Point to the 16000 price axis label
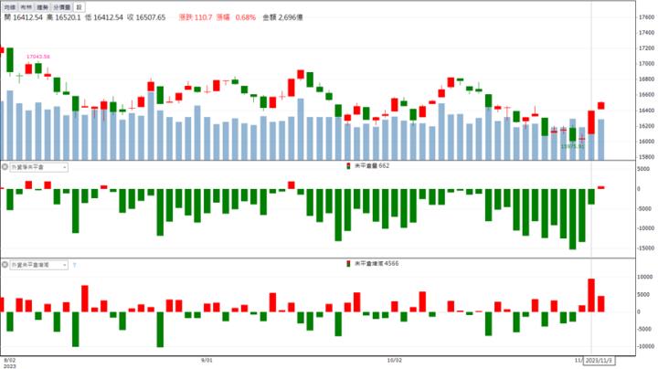click(646, 142)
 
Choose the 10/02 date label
click(395, 360)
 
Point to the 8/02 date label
click(11, 360)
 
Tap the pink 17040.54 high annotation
click(38, 57)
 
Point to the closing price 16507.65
click(148, 16)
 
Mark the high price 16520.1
click(60, 16)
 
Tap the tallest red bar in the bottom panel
click(592, 295)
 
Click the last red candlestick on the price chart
click(601, 106)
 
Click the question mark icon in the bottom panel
click(74, 265)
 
